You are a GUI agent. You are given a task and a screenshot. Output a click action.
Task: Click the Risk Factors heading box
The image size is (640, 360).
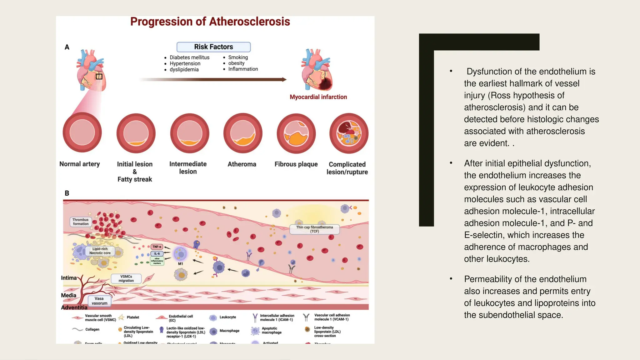point(213,47)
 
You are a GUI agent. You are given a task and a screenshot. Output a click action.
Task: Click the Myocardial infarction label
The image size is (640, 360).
point(318,97)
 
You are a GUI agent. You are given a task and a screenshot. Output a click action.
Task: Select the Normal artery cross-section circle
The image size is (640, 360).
point(82,132)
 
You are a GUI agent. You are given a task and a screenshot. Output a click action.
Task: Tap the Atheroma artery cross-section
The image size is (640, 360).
point(243,133)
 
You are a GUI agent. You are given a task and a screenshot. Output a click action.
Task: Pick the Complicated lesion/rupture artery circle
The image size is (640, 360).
point(349,133)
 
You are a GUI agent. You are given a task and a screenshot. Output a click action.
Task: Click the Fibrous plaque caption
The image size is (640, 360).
point(296,164)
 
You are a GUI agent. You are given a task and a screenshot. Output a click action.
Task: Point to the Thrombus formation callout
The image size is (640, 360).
point(81,222)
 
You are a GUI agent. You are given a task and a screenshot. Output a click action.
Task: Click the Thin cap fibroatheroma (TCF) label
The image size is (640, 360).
point(314,229)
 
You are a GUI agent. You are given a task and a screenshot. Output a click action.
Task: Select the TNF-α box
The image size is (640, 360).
point(157,247)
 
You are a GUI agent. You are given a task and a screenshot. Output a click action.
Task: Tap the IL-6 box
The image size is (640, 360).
point(157,253)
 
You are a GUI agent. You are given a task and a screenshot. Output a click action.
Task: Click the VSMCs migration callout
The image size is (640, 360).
point(126,278)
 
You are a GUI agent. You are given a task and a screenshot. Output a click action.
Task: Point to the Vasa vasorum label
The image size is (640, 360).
point(99,301)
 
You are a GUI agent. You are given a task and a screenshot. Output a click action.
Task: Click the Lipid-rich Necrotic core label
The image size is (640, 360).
point(100,251)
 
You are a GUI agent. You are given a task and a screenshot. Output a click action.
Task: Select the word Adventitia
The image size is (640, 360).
point(74,307)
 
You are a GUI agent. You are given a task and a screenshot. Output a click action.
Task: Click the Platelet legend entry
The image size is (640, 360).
point(133,317)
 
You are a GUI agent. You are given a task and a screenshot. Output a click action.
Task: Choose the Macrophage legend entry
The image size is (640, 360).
point(229,331)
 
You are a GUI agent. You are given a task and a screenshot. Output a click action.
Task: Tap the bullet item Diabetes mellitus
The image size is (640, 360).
point(189,57)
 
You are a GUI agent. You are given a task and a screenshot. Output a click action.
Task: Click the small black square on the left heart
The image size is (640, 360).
point(99,76)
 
